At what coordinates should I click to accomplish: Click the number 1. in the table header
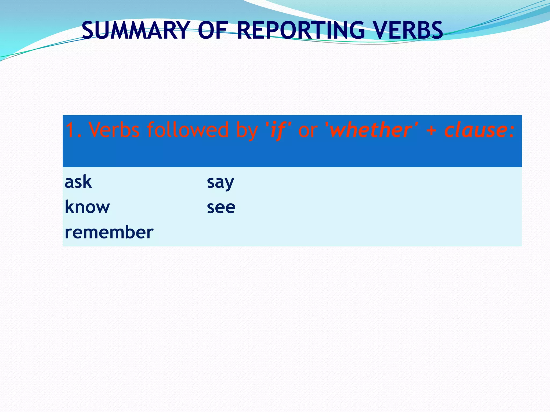pyautogui.click(x=73, y=130)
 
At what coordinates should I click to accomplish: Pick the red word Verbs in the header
pyautogui.click(x=114, y=130)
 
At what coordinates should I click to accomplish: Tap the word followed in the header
pyautogui.click(x=188, y=130)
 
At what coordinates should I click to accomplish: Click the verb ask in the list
pyautogui.click(x=78, y=182)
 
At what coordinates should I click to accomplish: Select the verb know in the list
pyautogui.click(x=87, y=207)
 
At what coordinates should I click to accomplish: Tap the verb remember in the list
pyautogui.click(x=109, y=232)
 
